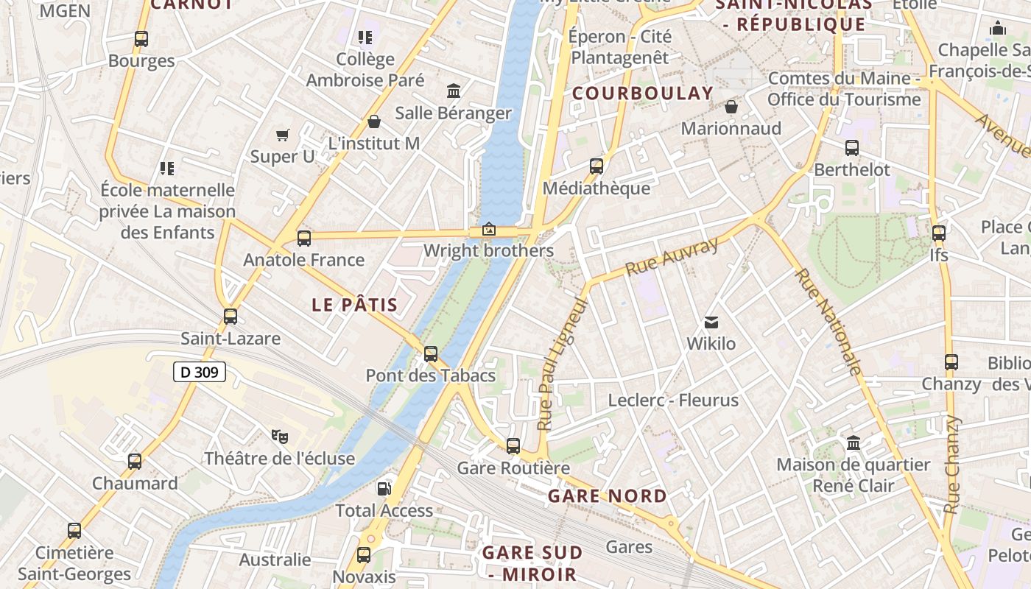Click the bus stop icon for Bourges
[141, 38]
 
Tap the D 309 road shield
[200, 373]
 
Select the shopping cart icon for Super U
[283, 134]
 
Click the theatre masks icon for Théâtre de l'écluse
[280, 436]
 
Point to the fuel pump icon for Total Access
[384, 488]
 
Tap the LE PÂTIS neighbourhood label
[354, 305]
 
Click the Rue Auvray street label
[671, 256]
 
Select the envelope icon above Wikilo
[711, 322]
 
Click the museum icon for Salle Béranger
[454, 91]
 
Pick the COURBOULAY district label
[643, 94]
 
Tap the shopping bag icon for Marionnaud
[731, 107]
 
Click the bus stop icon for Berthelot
[852, 147]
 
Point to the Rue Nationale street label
[828, 322]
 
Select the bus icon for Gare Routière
[513, 445]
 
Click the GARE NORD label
[608, 496]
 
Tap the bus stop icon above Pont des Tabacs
[431, 353]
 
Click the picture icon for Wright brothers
[488, 229]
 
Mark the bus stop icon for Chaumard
[135, 462]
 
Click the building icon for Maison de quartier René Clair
[854, 442]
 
